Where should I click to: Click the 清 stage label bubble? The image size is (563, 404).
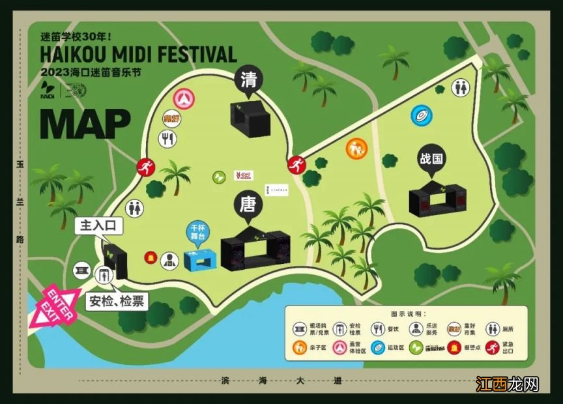[249, 79]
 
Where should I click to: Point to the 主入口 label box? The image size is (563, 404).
[98, 227]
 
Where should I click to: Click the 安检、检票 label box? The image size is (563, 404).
[118, 301]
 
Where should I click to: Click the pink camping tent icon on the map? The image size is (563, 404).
[184, 98]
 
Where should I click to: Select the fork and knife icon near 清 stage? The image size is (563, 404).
[168, 138]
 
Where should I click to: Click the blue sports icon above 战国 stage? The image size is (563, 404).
[422, 116]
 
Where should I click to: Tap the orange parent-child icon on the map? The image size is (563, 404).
[356, 149]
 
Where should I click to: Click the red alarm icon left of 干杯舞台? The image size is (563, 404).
[151, 257]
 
